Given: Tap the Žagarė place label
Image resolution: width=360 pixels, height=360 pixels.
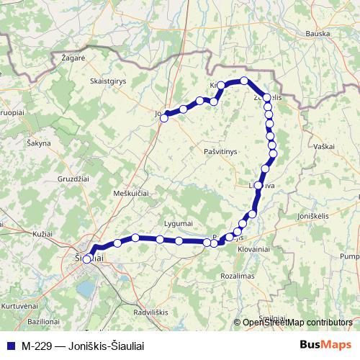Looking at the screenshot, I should [x=73, y=56].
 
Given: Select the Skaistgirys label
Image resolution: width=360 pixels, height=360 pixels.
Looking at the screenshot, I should [x=108, y=81].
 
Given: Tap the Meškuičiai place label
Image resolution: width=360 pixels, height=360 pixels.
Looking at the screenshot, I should [x=131, y=194].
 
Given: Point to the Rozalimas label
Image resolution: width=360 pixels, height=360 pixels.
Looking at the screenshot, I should [x=238, y=276].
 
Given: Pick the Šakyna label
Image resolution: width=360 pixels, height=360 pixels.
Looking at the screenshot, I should [x=39, y=143].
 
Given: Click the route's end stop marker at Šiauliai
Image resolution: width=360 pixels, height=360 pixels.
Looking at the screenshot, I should [x=86, y=260].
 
